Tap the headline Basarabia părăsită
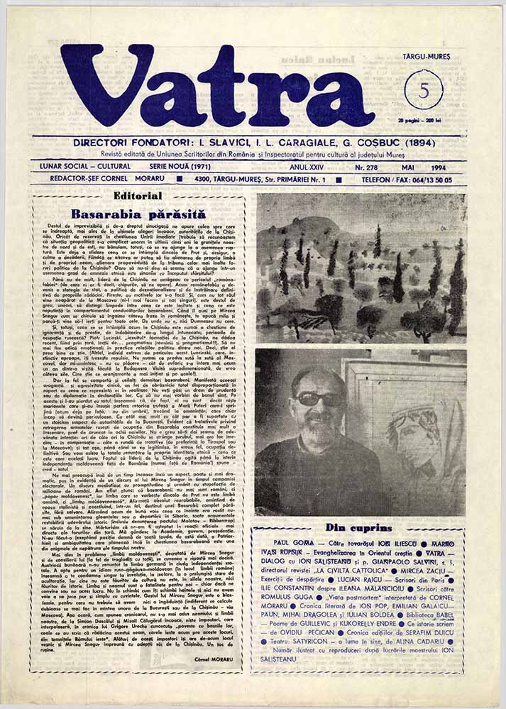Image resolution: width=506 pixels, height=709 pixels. point(138,213)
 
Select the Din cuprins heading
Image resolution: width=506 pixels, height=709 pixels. point(359,527)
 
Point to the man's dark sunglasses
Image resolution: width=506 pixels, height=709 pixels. point(309,399)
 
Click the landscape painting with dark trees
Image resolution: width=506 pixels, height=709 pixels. point(361,268)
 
